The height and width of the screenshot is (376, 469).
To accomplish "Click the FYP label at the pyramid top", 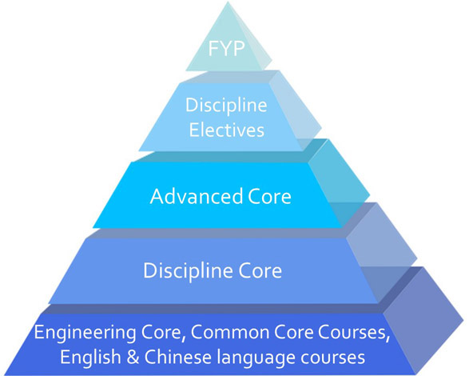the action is point(226,48).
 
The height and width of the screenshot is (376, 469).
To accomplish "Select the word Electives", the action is point(227,130).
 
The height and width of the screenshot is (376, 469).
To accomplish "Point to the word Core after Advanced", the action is point(269,197).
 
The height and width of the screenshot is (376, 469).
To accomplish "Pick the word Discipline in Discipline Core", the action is point(188,271).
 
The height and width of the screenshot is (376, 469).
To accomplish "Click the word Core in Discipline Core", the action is point(260,271).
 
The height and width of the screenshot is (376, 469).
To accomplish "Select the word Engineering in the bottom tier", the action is point(85,334).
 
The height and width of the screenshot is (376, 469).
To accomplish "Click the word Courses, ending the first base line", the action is point(354,333).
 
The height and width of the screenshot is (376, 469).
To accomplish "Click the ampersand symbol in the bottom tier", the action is point(133,358).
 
